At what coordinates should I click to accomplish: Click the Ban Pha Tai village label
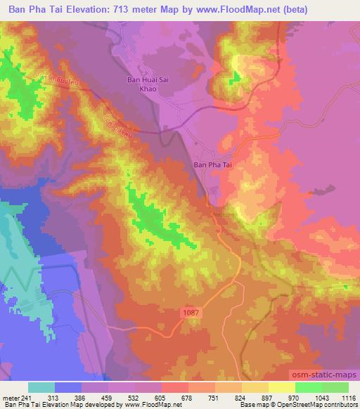coord(212,166)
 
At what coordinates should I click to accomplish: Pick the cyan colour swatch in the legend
coord(41,387)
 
